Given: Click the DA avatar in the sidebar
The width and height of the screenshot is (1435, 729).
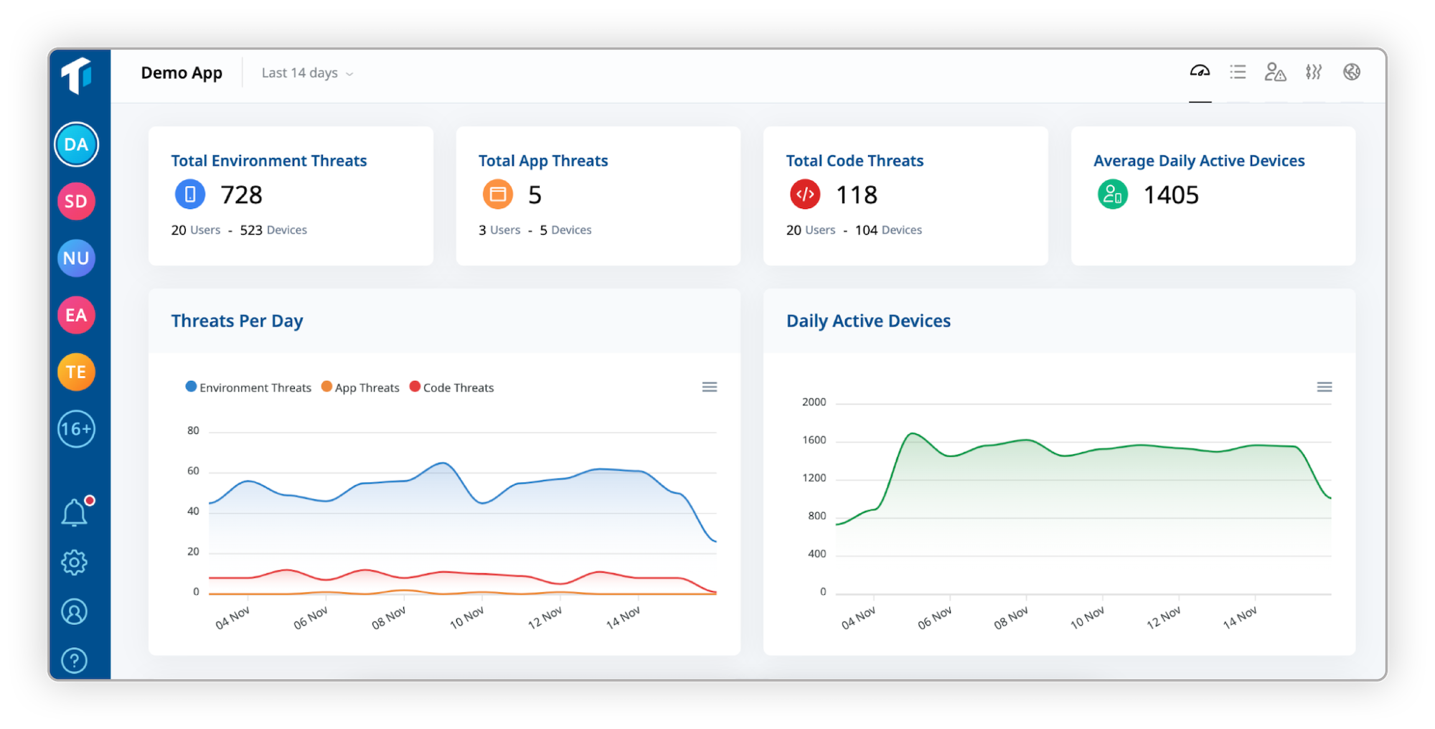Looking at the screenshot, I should pos(76,145).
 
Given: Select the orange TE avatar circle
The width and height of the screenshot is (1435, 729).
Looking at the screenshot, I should pos(76,372).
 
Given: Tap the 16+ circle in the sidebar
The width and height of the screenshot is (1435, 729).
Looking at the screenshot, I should pos(76,429).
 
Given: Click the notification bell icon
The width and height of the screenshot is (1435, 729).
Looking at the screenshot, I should pos(75,513).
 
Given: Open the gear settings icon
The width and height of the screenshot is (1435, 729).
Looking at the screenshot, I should pos(75,563).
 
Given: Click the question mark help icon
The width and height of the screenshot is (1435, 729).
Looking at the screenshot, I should pos(75,660).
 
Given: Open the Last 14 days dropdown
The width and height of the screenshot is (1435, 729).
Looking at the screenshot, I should pos(307,73).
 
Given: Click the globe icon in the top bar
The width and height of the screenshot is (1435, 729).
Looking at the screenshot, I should pos(1352,72).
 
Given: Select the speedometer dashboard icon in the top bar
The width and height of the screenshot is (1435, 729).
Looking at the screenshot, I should pos(1200,71).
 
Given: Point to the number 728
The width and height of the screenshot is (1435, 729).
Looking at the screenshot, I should pos(241,195).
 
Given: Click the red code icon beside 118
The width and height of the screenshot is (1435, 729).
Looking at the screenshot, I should pos(805,194).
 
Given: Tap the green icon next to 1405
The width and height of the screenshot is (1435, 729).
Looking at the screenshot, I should pos(1113,194).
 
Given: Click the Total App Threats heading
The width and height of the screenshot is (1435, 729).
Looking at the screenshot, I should pos(543,161).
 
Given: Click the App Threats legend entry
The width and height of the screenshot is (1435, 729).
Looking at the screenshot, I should pos(360,387).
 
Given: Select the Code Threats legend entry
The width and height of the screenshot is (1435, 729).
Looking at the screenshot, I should pos(452,387).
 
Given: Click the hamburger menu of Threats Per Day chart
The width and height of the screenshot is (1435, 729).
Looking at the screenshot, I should pos(710,387).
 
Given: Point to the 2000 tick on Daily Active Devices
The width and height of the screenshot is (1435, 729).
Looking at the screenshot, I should pos(814,402).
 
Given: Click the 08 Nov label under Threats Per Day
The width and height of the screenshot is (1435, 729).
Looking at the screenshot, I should pos(388,618).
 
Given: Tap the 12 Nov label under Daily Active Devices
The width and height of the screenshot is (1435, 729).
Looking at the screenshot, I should pos(1163,618).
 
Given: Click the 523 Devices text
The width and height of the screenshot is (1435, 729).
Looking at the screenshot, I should pos(273,230).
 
